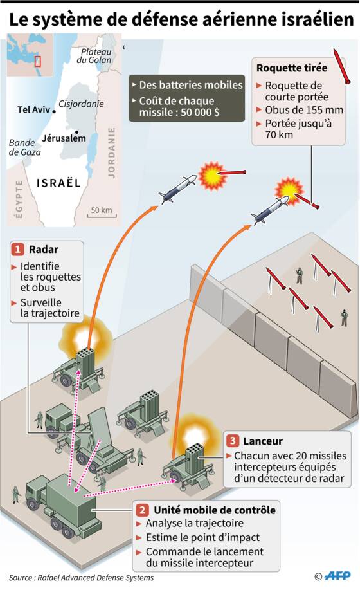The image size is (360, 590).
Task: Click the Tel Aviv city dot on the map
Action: click(54, 111)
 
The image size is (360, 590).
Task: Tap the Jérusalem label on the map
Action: click(64, 138)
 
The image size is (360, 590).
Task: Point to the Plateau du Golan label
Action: click(94, 56)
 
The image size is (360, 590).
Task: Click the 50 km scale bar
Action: click(102, 216)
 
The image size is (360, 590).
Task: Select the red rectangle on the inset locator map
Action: click(37, 61)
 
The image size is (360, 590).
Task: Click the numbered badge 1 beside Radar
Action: click(17, 250)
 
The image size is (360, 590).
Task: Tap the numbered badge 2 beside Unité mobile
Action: click(142, 510)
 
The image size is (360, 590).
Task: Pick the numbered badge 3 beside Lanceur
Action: click(233, 441)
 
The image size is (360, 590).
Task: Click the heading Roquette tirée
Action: click(292, 68)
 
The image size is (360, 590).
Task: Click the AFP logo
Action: click(337, 576)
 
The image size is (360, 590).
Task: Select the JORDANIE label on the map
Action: click(112, 152)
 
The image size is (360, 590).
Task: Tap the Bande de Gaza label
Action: click(25, 147)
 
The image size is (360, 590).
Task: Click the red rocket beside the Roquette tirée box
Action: click(342, 66)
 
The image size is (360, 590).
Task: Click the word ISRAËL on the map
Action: click(59, 183)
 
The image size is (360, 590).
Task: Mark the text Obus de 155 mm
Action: click(304, 110)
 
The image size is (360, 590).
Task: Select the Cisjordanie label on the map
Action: click(81, 104)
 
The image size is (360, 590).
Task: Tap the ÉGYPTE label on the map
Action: click(19, 199)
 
